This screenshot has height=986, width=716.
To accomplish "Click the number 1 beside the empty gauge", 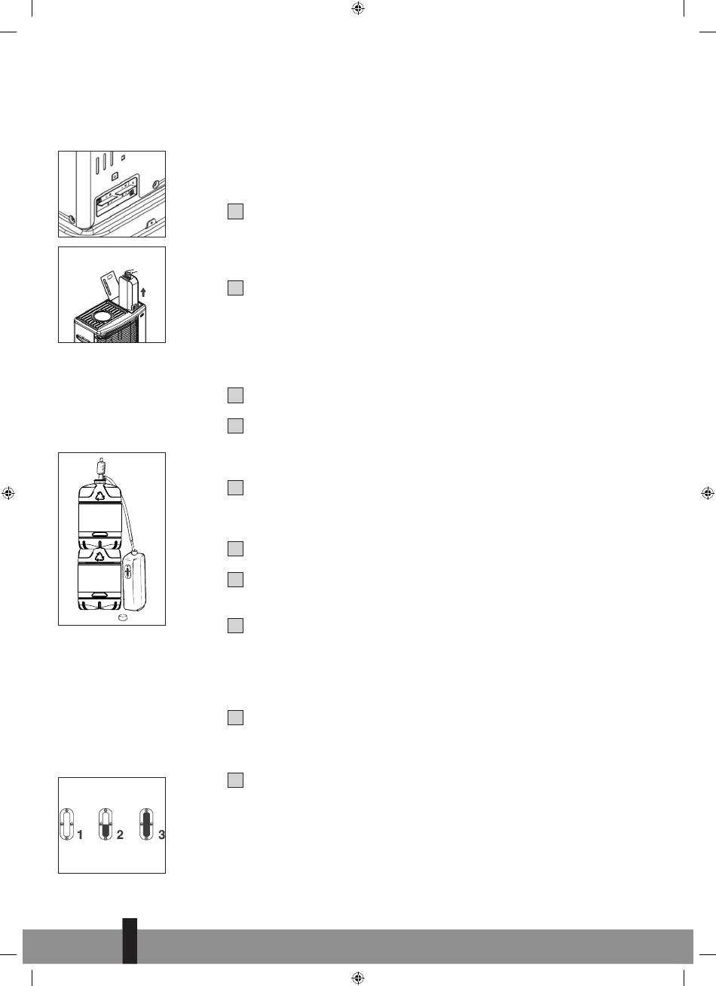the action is tap(80, 834).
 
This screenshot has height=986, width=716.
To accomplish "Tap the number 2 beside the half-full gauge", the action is tap(120, 834).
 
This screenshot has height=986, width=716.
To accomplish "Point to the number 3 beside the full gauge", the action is tap(161, 834).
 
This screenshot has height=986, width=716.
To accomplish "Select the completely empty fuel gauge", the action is tap(67, 824).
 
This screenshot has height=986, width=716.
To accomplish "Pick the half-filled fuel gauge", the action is tap(106, 824).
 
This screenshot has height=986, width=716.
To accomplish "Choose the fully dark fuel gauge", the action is tap(146, 824).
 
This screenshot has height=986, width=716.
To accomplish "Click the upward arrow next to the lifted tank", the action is tap(143, 292).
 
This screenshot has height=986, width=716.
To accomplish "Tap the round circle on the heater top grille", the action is tap(103, 316).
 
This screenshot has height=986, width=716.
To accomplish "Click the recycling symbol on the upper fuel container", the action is tap(101, 496).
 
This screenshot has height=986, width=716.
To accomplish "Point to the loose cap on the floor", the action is tap(123, 617).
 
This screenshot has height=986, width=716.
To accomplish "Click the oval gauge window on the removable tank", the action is tap(128, 572).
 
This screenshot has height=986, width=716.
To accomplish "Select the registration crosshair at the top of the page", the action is tap(358, 8).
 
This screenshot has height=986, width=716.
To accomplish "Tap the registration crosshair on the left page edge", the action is tap(8, 493).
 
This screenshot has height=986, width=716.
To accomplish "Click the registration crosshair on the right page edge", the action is tap(708, 493).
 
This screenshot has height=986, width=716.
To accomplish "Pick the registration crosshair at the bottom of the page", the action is tap(358, 978).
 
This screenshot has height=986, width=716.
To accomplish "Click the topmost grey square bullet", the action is tap(235, 211).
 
